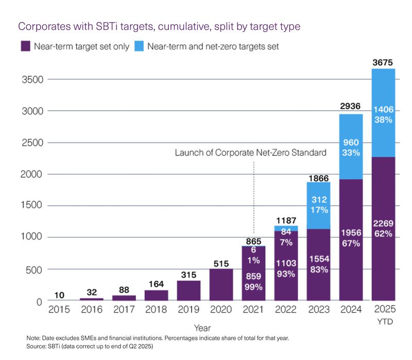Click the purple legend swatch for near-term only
click(x=25, y=46)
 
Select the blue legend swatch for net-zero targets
click(x=139, y=46)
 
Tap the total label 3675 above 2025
click(x=383, y=62)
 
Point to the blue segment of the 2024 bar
click(x=351, y=147)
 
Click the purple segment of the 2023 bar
click(x=318, y=265)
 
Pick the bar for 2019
click(x=188, y=290)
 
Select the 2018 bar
click(x=157, y=295)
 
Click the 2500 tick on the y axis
click(x=32, y=143)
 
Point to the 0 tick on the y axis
click(x=39, y=302)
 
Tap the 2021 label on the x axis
click(x=253, y=310)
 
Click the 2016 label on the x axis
click(x=92, y=310)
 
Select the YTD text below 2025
click(x=385, y=322)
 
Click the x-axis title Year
click(x=202, y=328)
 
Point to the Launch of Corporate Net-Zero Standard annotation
click(x=251, y=152)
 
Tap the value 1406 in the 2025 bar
click(x=383, y=110)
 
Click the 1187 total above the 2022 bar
click(x=286, y=220)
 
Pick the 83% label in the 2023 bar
click(x=319, y=269)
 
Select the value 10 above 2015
click(x=59, y=295)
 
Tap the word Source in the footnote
click(x=36, y=346)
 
